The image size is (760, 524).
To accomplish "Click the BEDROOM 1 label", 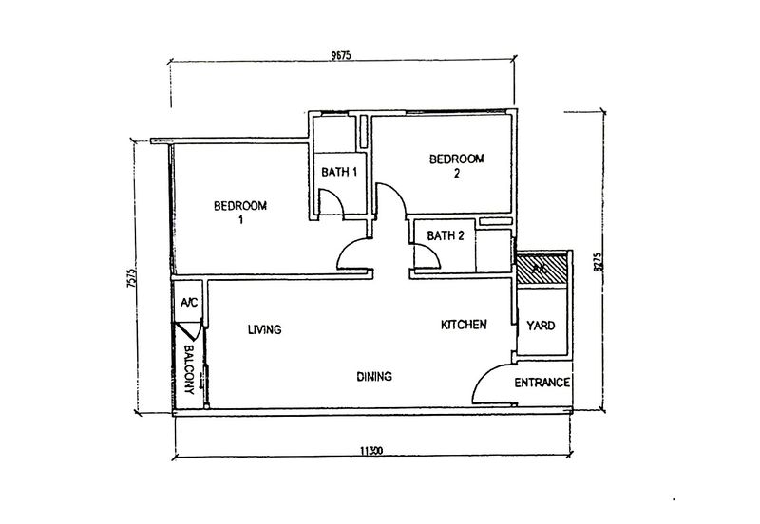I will click(240, 212).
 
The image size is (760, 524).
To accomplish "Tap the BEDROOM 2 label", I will click(457, 165).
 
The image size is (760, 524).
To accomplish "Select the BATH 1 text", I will click(339, 172).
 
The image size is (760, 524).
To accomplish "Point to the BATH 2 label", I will click(445, 235).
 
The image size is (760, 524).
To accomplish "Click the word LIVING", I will click(264, 330).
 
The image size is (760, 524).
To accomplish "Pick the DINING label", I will click(375, 377).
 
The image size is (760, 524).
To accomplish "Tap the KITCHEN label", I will click(464, 325).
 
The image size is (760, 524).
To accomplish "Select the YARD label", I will click(541, 327).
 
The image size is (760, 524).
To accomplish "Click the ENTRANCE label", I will click(541, 384).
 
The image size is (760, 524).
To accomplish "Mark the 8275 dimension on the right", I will click(597, 262).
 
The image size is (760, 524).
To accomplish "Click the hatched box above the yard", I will click(541, 268).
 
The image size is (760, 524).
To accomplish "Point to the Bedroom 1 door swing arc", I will click(353, 254).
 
